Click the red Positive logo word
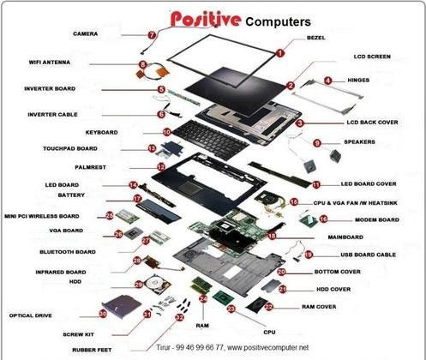[206, 19]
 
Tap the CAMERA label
[86, 33]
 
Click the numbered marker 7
[152, 35]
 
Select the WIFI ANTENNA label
[50, 63]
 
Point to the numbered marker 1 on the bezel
[280, 53]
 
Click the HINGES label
[358, 81]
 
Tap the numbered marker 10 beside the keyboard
[167, 132]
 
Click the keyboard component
[211, 138]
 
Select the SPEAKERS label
[359, 142]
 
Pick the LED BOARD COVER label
[369, 184]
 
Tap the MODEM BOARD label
[377, 220]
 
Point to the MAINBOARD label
[345, 237]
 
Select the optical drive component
[123, 306]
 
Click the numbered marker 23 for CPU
[231, 309]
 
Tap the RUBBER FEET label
[92, 350]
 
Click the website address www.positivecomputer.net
[268, 347]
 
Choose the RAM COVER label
[319, 307]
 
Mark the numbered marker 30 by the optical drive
[103, 314]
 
